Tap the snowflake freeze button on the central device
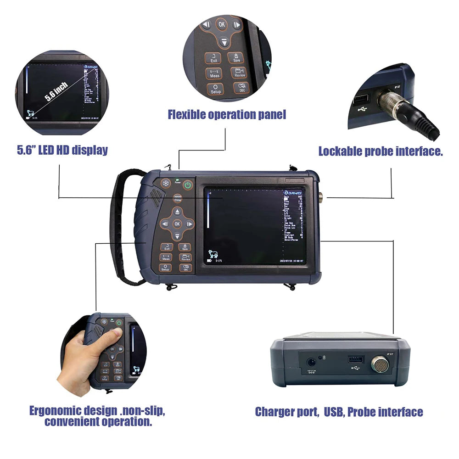coord(165,185)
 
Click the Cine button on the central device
coord(178,199)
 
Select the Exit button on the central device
coord(167,247)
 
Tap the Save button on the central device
coord(185,247)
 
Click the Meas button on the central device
coord(166,257)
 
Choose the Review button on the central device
coord(185,257)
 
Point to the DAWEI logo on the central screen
coord(293,192)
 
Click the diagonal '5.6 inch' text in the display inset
coord(56,91)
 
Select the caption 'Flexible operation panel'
coord(227,114)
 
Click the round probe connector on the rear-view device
coord(380,364)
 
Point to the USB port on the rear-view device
coord(355,359)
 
